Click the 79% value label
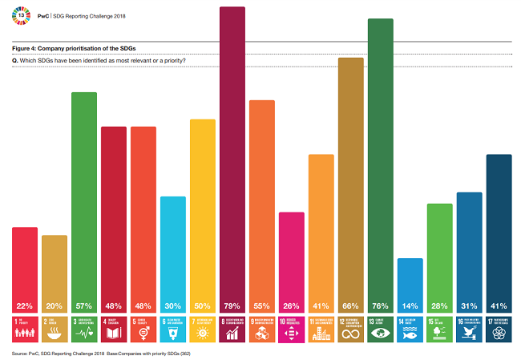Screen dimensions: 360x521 point(232,305)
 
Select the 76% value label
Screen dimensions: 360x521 point(380,305)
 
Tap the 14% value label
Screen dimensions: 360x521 point(410,305)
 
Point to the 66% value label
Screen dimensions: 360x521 point(350,305)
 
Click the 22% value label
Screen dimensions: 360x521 point(25,305)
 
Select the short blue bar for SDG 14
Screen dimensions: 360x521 point(410,281)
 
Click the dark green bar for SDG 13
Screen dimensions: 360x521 point(380,160)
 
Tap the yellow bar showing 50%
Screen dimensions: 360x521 point(203,208)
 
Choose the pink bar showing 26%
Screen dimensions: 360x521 point(291,257)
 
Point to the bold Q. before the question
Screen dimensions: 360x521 point(15,61)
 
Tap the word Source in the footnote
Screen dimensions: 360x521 point(21,353)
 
